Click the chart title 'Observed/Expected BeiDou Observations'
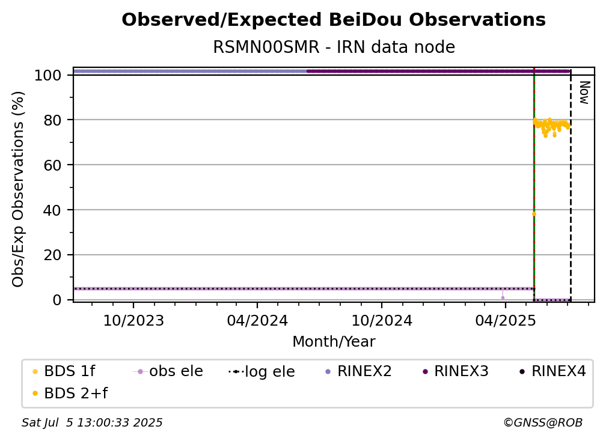[334, 20]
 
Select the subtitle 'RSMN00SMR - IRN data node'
[334, 47]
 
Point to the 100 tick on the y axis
[48, 75]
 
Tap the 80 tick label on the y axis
[52, 120]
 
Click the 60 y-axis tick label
[52, 165]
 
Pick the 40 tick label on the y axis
[52, 210]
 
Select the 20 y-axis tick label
[52, 255]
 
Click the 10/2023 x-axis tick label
[133, 320]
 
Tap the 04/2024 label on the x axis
[257, 320]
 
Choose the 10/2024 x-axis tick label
[382, 320]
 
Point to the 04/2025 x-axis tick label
[506, 320]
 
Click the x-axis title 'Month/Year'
[334, 342]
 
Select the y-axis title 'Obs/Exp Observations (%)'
[18, 189]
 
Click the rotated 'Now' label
[585, 93]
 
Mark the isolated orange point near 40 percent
[534, 214]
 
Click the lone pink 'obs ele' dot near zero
[503, 298]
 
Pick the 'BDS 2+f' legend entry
[70, 393]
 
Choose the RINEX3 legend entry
[456, 371]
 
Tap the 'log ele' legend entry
[262, 371]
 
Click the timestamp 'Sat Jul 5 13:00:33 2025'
[92, 422]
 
